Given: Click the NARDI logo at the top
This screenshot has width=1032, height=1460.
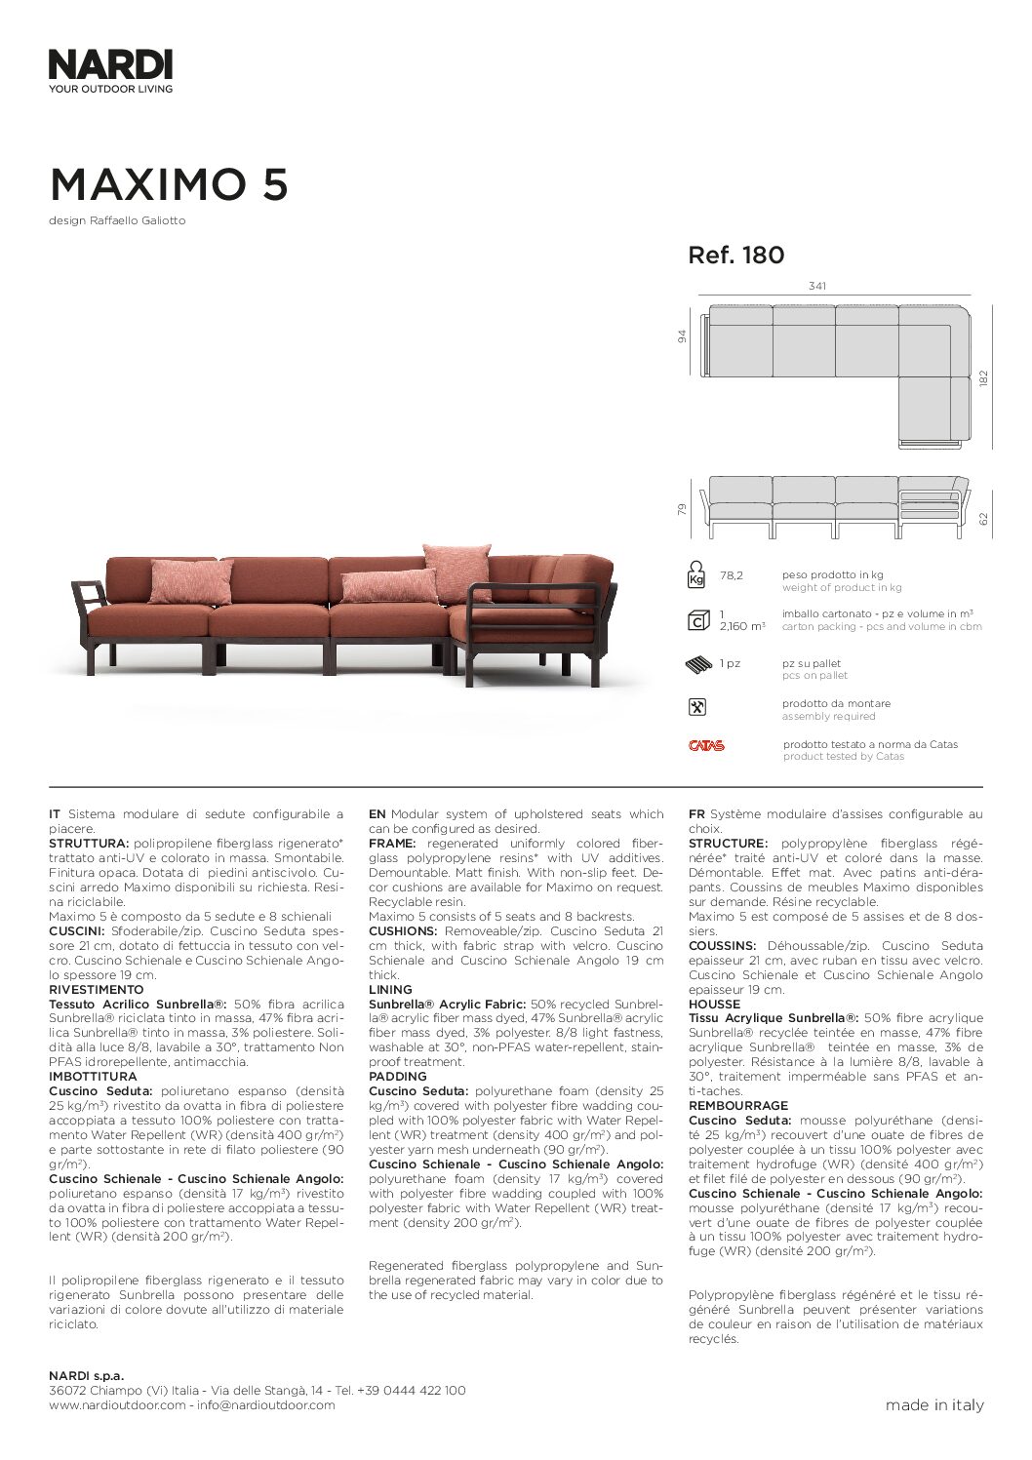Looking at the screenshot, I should [x=110, y=64].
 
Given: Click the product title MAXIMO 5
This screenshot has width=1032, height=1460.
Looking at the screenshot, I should [x=169, y=184].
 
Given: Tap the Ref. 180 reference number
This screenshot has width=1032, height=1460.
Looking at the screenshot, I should [x=735, y=256].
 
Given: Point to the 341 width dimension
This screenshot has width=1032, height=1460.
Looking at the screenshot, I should [x=817, y=286].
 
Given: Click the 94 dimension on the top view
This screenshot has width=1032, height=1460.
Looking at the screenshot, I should [x=683, y=336].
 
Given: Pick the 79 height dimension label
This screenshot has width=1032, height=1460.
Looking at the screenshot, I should [x=683, y=508].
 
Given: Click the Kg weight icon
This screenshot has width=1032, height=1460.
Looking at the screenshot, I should [x=696, y=575].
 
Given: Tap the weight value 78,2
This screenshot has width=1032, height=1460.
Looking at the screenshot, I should [x=731, y=575].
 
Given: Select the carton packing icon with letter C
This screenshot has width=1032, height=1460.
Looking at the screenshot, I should [x=696, y=619].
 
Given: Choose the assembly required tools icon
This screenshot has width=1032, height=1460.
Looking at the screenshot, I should [x=696, y=708].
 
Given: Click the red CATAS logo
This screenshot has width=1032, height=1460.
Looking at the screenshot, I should [x=706, y=746].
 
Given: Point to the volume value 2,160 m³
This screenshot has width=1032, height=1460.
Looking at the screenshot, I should [x=742, y=626].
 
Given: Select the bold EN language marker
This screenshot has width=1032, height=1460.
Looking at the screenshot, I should [x=377, y=814].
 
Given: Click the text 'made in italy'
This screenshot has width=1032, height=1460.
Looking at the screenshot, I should [x=933, y=1405].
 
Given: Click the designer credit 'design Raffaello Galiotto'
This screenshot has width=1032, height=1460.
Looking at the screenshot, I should [x=117, y=220].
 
